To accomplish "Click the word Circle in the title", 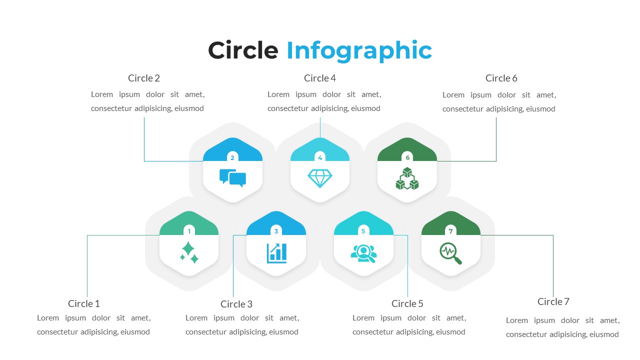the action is click(243, 50).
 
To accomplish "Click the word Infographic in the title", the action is click(359, 51).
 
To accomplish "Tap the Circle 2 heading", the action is click(144, 78).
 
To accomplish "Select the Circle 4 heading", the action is click(320, 78).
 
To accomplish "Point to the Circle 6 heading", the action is click(501, 78).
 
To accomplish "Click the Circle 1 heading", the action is click(84, 303).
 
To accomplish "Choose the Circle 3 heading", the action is click(236, 304).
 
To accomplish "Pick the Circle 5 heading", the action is click(407, 303).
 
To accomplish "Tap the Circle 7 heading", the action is click(553, 301).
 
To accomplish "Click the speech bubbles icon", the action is click(232, 178).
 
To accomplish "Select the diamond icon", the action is click(320, 178).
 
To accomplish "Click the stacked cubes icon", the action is click(407, 178).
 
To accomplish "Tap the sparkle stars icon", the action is click(189, 252).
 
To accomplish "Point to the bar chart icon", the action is click(276, 252).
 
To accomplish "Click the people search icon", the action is click(363, 252).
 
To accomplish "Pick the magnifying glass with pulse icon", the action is click(450, 252).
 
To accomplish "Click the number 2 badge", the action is click(232, 157).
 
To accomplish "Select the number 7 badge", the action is click(450, 231).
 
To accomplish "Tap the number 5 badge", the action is click(363, 231).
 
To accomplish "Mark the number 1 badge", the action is click(189, 231).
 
